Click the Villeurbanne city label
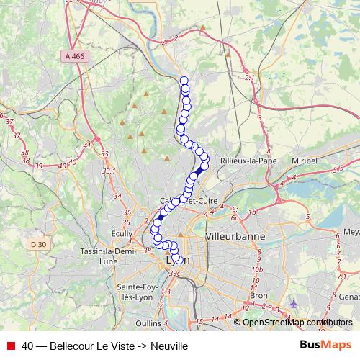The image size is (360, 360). (235, 236)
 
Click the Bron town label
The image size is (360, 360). (257, 295)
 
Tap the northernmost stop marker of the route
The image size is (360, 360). (184, 81)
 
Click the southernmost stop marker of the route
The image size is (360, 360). (176, 258)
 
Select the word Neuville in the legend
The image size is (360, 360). (169, 346)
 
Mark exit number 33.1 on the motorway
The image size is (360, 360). (109, 171)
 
